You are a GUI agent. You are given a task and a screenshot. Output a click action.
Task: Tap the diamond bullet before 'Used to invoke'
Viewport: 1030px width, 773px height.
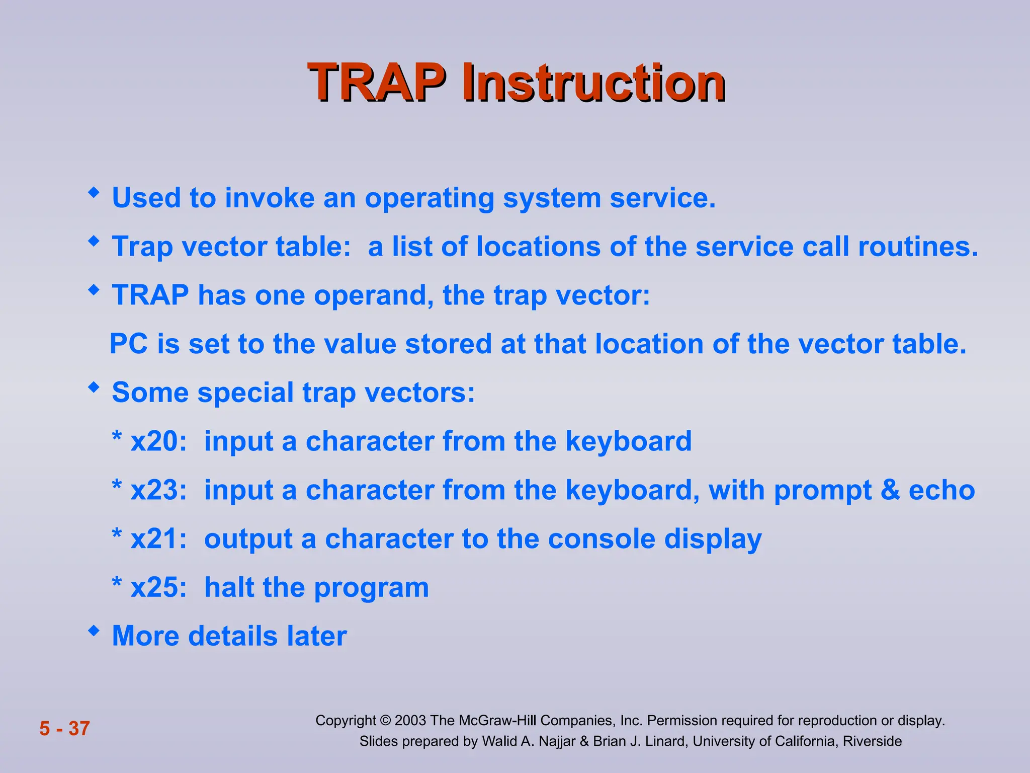pos(94,193)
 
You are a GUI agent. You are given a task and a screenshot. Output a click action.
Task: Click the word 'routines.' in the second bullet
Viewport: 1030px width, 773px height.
pos(918,247)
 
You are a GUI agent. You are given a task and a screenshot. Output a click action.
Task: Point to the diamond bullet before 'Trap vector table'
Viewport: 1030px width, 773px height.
pos(94,242)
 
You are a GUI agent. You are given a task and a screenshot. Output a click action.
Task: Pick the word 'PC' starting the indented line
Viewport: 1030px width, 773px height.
pos(129,344)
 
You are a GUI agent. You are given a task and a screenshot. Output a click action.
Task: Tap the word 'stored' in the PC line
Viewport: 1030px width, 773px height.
pos(448,344)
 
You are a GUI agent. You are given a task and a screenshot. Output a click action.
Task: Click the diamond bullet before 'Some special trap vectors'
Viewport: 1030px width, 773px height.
pos(94,388)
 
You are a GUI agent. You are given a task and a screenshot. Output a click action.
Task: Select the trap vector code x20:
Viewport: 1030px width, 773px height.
pos(158,441)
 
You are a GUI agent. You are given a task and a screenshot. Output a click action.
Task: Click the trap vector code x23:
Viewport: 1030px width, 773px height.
pos(158,490)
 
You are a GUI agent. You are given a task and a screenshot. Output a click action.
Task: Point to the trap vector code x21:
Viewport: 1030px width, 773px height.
pos(158,539)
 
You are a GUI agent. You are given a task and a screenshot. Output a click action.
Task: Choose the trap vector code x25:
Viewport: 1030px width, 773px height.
pos(158,587)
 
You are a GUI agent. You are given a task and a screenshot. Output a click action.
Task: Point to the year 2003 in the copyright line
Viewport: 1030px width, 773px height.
pos(410,721)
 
